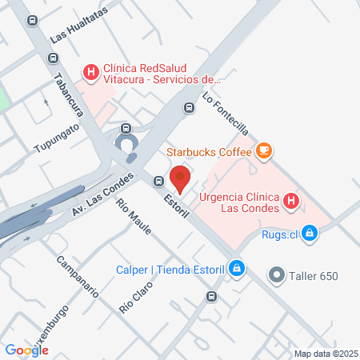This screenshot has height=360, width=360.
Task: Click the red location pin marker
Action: tap(181, 178)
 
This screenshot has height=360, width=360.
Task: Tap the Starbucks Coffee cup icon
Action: tap(263, 150)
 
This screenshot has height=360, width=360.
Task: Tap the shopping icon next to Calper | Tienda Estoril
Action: tap(236, 268)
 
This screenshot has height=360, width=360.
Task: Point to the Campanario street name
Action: tap(77, 275)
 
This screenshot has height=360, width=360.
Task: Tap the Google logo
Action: tap(26, 350)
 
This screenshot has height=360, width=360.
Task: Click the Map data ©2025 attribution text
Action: tap(326, 354)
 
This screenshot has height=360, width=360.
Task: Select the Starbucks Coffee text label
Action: tap(208, 150)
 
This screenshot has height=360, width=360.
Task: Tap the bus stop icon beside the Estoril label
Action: tap(159, 181)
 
